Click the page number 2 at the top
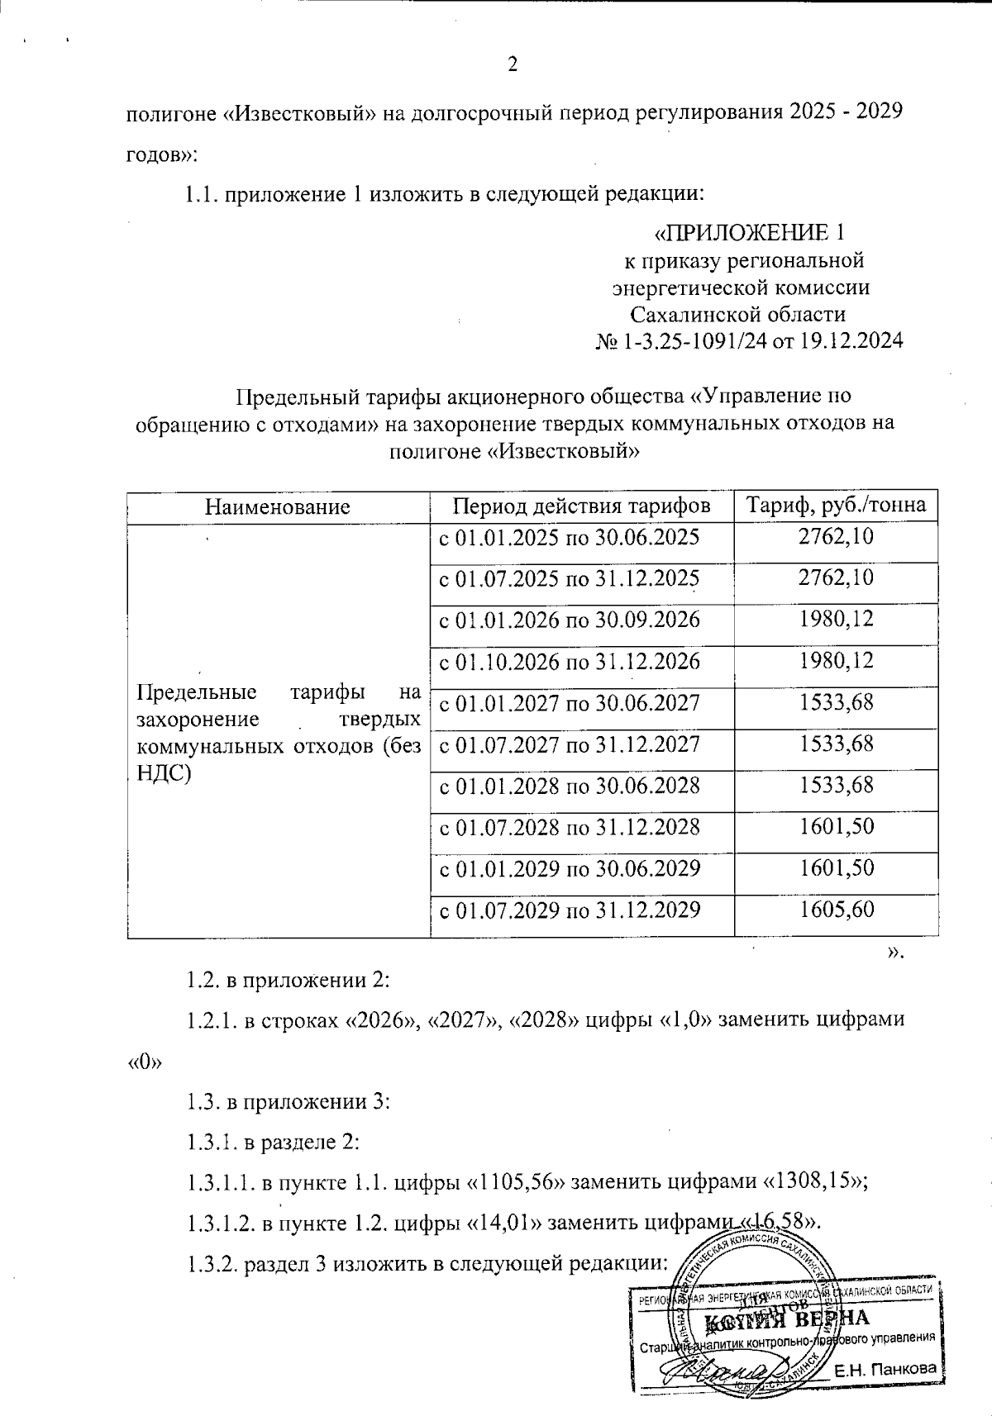[512, 65]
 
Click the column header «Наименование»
[278, 506]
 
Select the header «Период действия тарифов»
[582, 505]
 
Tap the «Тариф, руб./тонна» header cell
[836, 505]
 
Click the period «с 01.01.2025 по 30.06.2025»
[569, 538]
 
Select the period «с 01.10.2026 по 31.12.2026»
[569, 662]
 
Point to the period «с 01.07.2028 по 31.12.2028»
[569, 827]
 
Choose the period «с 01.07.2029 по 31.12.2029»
[569, 910]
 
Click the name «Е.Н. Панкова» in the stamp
[885, 1369]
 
